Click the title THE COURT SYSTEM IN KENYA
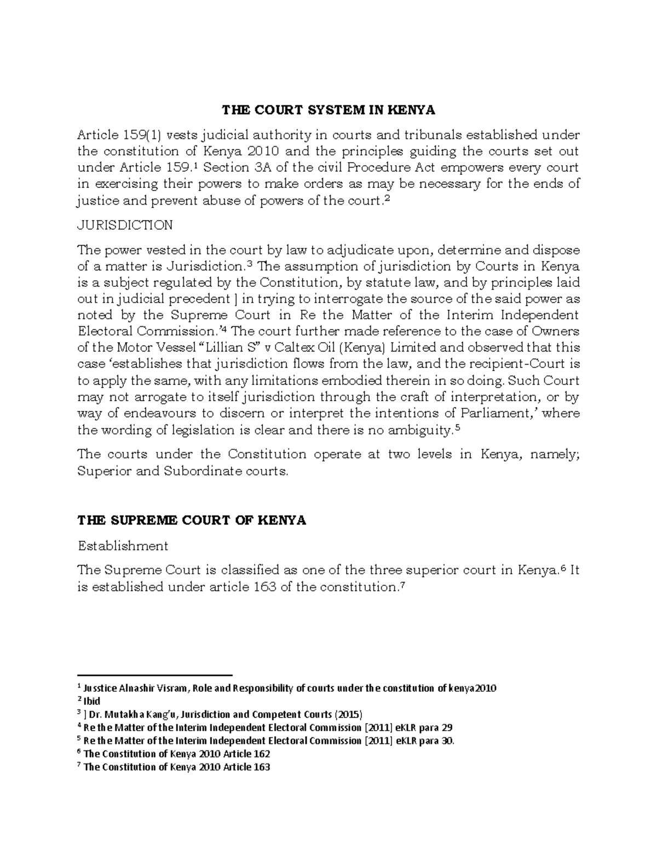point(328,111)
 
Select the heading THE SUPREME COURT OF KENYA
point(192,521)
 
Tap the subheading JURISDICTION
point(125,225)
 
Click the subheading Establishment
point(123,546)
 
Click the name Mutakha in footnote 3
point(122,714)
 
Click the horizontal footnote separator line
point(155,675)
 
